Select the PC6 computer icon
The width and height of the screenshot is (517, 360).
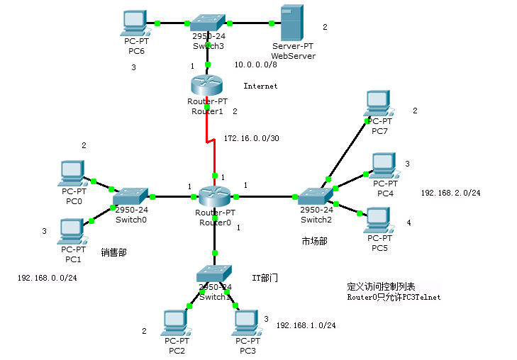(133, 23)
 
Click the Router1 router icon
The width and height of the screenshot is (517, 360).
(207, 84)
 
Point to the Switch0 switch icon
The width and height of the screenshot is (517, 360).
(130, 195)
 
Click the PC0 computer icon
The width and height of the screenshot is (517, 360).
(73, 172)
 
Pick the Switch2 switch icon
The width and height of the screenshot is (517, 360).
(314, 196)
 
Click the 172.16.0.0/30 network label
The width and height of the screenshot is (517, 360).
(251, 137)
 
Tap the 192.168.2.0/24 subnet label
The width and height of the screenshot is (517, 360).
(450, 192)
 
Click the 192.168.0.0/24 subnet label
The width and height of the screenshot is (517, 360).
(47, 278)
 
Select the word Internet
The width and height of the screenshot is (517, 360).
(260, 86)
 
